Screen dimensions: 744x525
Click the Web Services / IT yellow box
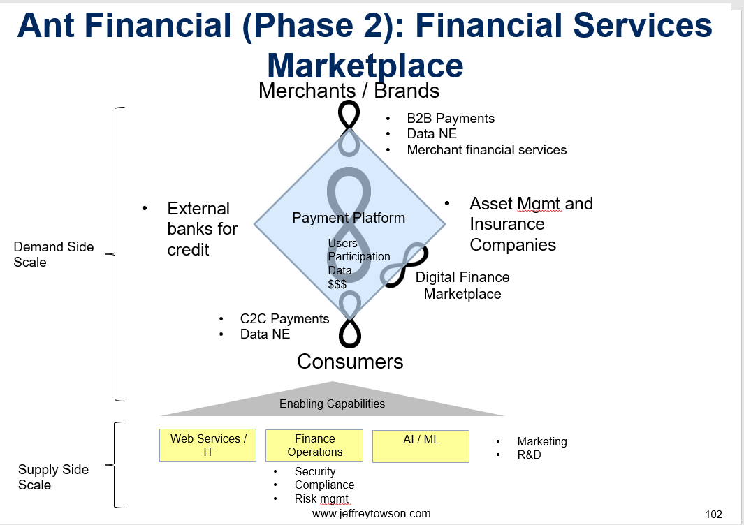[x=207, y=445]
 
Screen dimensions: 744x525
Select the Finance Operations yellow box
[x=314, y=445]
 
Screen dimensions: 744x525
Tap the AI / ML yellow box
[x=421, y=446]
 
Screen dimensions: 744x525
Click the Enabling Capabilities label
[x=332, y=404]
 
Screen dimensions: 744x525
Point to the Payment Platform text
[x=349, y=218]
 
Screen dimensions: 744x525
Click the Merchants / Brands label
[x=349, y=91]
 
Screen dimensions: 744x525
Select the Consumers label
[x=350, y=362]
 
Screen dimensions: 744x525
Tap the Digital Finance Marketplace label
[x=462, y=286]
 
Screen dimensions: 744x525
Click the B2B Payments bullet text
[x=451, y=118]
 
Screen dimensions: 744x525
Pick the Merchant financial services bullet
[x=487, y=150]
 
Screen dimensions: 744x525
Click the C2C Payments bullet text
[x=285, y=318]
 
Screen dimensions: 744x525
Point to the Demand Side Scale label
[x=54, y=254]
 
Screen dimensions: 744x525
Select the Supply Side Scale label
[x=53, y=477]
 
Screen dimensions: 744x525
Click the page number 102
[x=714, y=514]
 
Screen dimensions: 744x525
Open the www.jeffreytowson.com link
[x=372, y=514]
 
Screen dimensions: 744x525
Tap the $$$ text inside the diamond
[x=337, y=285]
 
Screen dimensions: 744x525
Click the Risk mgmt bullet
[x=322, y=499]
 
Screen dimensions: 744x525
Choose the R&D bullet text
[x=529, y=454]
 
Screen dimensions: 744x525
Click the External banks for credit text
[x=202, y=229]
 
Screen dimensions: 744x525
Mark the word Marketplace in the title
[x=365, y=66]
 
